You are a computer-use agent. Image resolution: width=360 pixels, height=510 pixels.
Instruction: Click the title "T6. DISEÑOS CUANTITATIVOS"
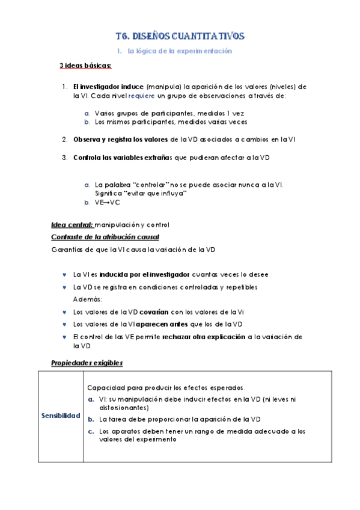180,36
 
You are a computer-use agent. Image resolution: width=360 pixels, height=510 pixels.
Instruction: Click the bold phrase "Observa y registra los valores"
121,140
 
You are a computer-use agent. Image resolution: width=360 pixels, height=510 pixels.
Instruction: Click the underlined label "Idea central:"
68,225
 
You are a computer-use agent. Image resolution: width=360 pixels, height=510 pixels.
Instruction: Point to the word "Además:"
88,299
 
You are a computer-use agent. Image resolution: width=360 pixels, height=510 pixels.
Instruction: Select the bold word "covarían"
153,312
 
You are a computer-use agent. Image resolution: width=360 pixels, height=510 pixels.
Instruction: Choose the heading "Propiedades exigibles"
87,363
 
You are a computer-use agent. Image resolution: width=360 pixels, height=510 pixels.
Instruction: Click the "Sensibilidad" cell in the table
61,416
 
